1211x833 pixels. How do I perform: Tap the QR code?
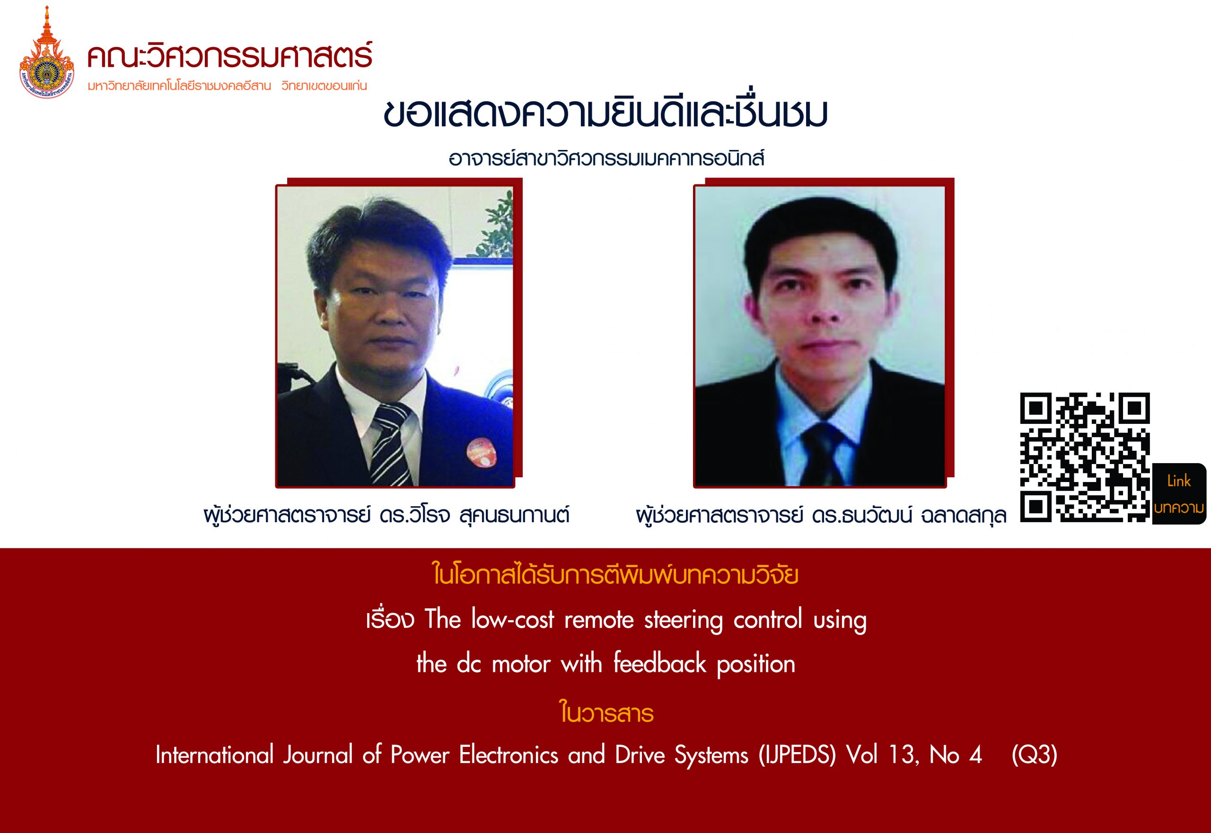1085,457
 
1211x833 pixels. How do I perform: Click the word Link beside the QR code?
1179,481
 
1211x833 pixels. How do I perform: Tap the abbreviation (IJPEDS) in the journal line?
798,755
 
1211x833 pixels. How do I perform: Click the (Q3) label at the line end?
1034,755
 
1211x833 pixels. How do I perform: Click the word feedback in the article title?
659,664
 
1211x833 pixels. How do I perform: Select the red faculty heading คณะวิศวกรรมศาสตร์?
230,56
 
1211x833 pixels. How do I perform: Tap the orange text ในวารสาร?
606,712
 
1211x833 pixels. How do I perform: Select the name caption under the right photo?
821,516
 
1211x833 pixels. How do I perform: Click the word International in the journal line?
215,755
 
